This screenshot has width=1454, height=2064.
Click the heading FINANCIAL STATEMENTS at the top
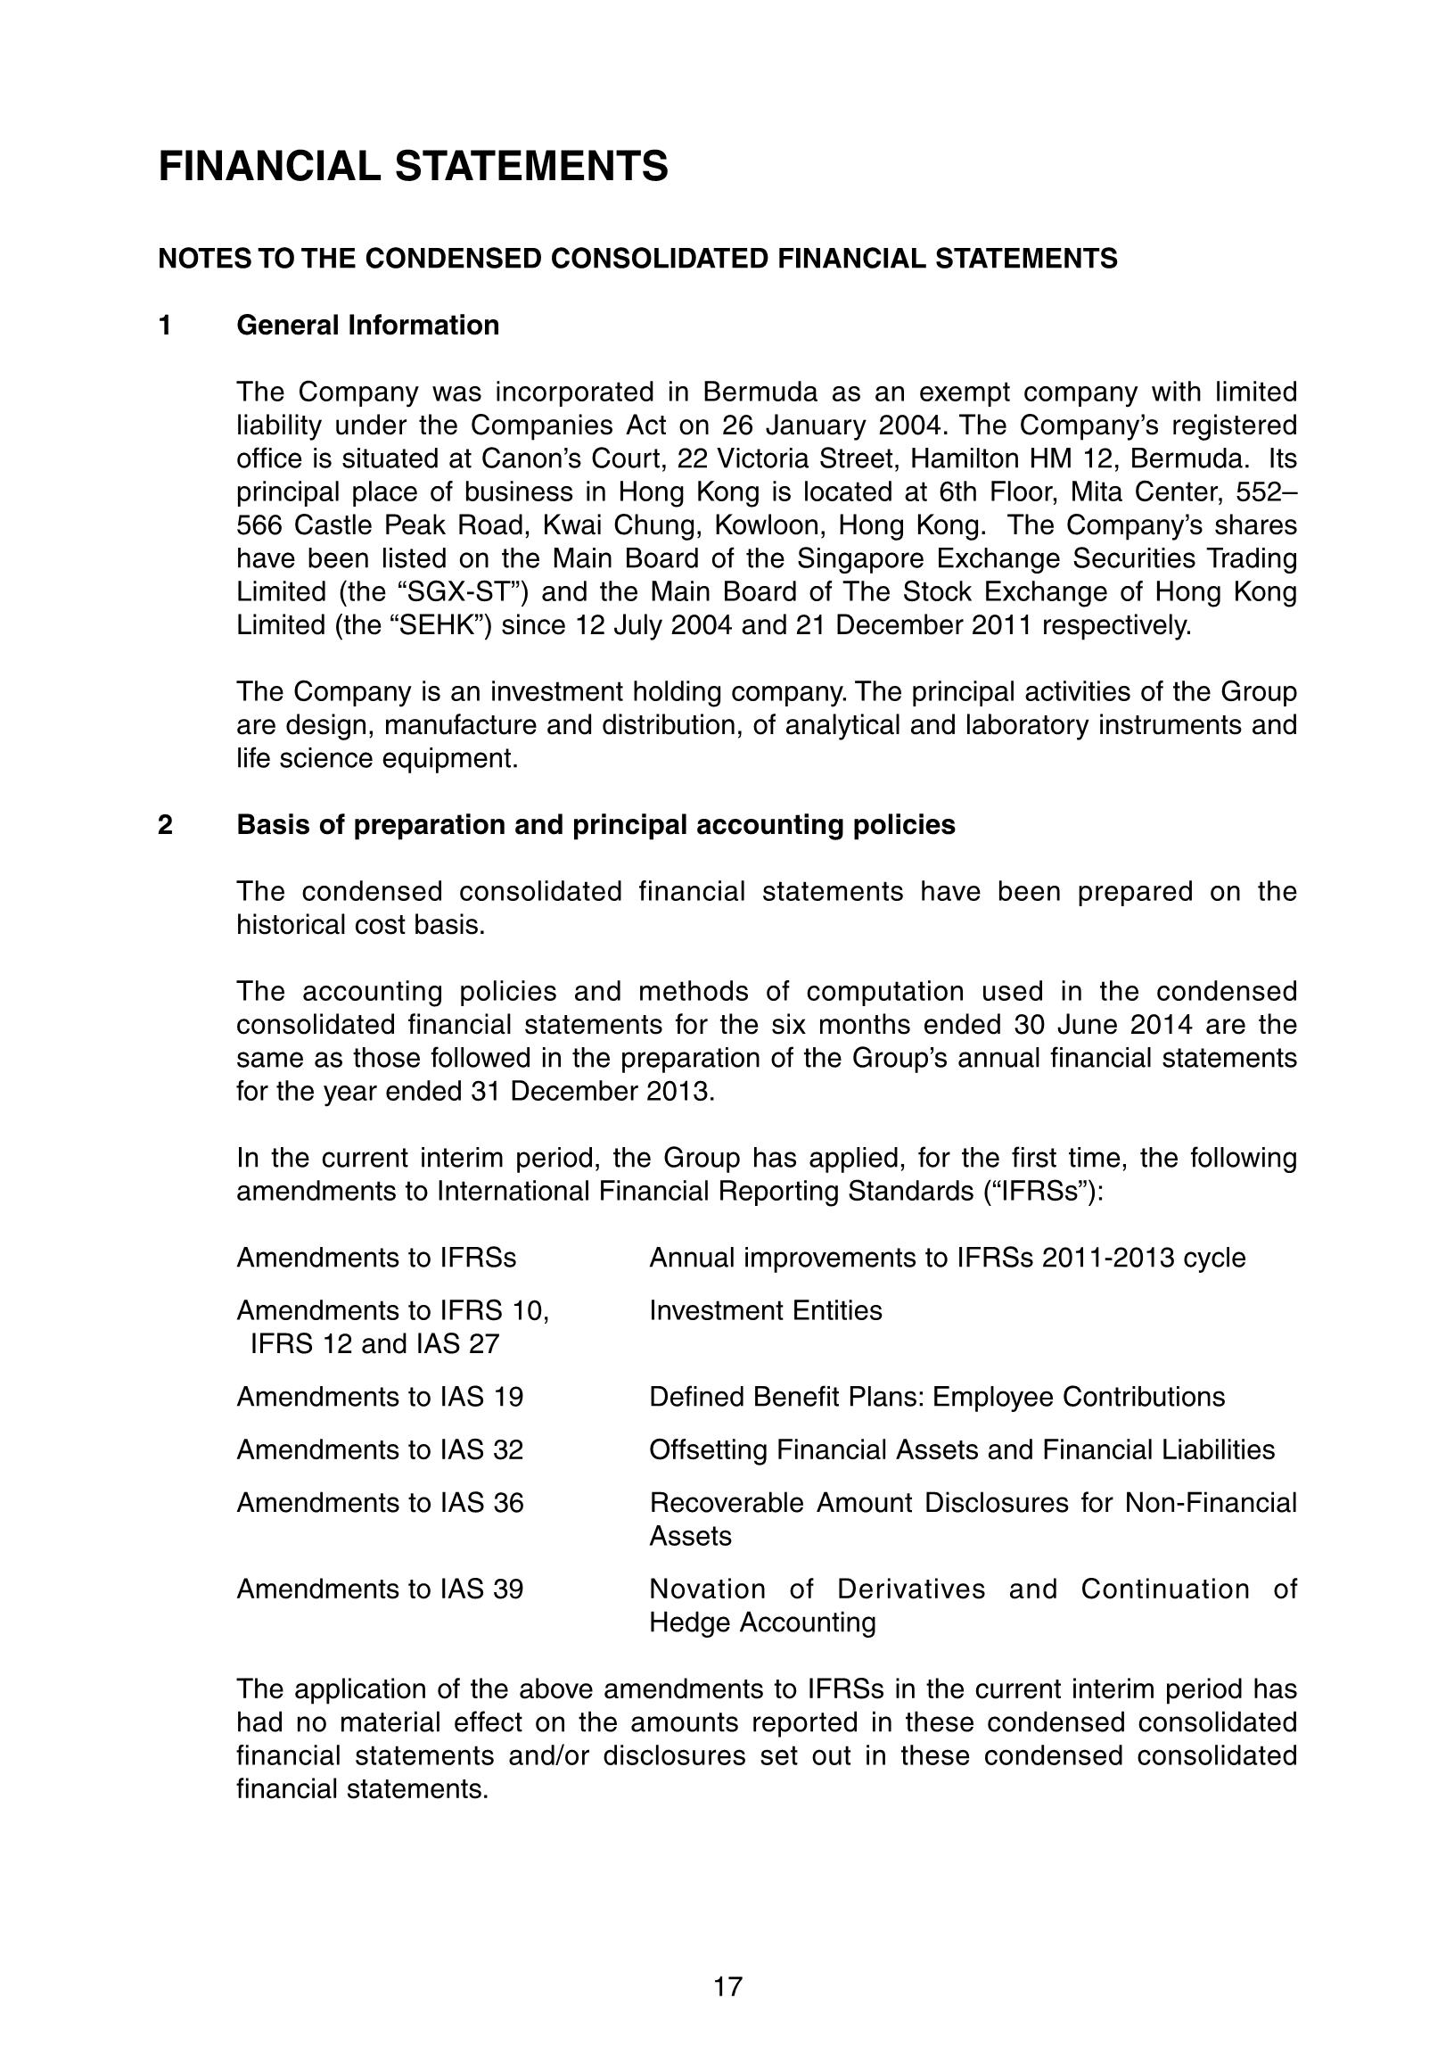tap(414, 167)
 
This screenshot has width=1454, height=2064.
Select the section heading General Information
tap(367, 326)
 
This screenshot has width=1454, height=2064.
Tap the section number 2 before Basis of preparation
tap(165, 825)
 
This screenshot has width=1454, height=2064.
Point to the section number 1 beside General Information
tap(165, 326)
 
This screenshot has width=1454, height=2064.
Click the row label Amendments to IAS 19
tap(379, 1397)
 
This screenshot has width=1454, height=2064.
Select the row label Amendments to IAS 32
tap(379, 1450)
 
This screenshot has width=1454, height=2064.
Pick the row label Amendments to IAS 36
tap(379, 1503)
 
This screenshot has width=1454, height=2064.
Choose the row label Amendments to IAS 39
tap(379, 1589)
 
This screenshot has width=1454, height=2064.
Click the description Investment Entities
tap(766, 1310)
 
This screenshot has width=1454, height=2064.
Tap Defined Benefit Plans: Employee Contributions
tap(936, 1397)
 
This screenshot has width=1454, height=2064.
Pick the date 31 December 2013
tap(591, 1093)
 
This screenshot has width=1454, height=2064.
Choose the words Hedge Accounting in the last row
tap(762, 1622)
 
